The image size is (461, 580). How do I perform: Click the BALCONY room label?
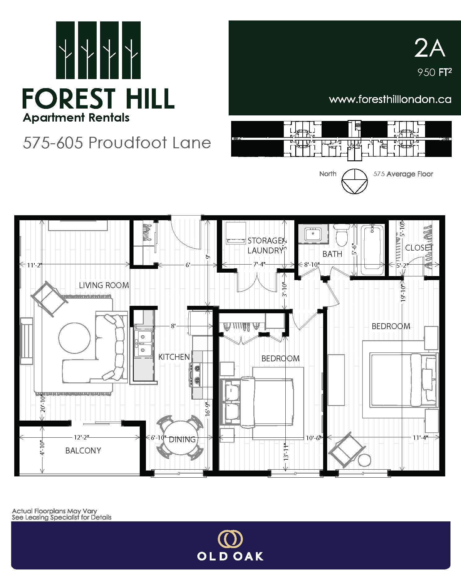83,450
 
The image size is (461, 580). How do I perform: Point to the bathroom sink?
313,234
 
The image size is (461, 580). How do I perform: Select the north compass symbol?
355,181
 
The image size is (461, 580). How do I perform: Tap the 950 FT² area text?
434,73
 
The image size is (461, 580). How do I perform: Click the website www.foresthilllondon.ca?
390,99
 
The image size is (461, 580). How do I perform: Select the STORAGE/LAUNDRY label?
265,245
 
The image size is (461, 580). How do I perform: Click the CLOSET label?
419,248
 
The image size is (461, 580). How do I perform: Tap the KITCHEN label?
174,357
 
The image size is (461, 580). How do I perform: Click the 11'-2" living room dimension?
34,265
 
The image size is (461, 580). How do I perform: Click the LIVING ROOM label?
104,285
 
